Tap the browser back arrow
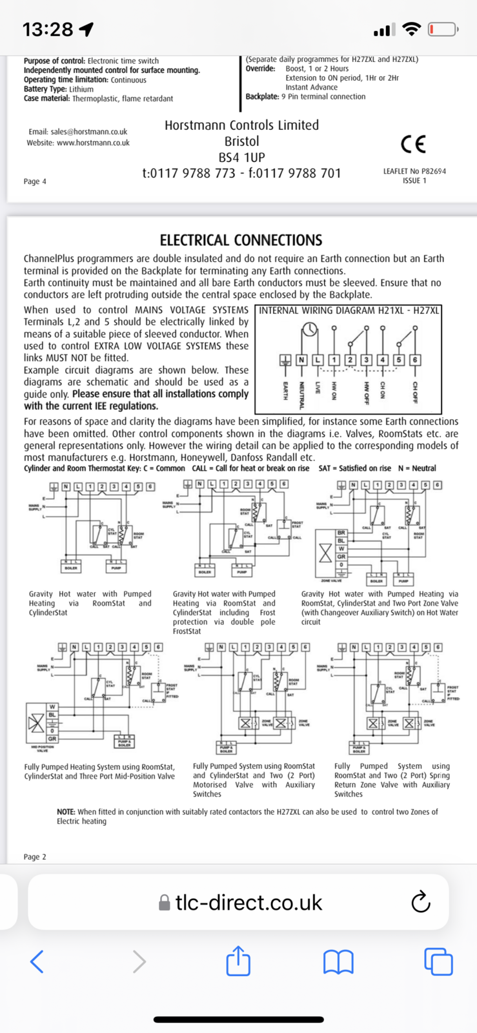(37, 961)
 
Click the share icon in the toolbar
(238, 961)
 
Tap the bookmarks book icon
(338, 962)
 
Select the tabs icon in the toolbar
(438, 961)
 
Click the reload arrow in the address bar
(421, 902)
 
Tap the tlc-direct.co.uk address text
(249, 902)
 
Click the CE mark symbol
(413, 144)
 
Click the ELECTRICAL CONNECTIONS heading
(241, 240)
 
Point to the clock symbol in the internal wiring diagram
(310, 330)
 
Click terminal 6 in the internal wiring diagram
(415, 360)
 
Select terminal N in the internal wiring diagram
(301, 360)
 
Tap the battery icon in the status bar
(443, 29)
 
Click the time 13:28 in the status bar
(48, 29)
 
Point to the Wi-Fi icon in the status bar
(410, 29)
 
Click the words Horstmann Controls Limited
(241, 125)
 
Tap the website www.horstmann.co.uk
(93, 143)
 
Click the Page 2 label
(35, 857)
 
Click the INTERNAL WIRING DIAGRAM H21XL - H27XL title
(349, 311)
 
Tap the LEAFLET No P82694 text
(414, 171)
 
